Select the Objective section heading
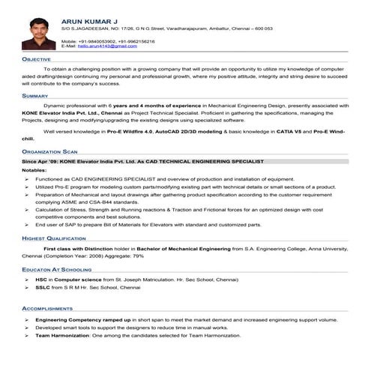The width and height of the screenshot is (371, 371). click(37, 58)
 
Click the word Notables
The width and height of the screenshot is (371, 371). click(34, 171)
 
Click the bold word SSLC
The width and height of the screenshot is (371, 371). click(43, 287)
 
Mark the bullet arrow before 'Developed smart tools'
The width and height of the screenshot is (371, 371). click(27, 328)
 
